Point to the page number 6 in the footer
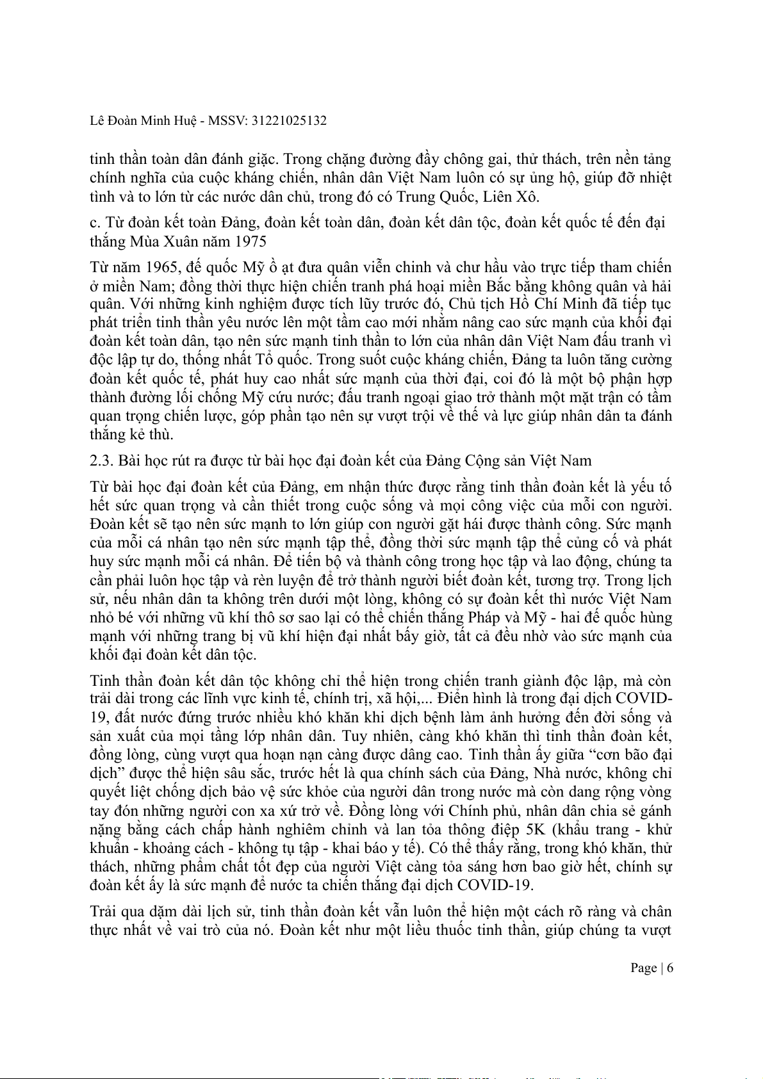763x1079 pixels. (x=670, y=968)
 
